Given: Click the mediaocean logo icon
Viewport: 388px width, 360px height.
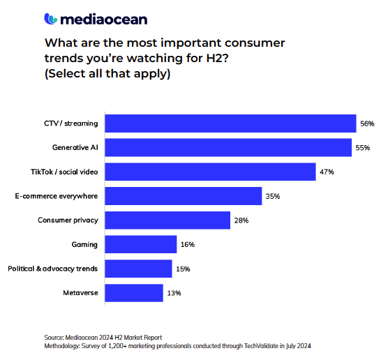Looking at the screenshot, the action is pos(51,19).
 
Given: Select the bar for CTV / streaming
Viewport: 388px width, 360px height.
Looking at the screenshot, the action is pos(230,123).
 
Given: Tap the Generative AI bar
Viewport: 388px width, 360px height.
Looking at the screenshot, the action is pos(228,147).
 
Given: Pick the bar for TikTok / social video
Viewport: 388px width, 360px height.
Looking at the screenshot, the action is pos(210,172).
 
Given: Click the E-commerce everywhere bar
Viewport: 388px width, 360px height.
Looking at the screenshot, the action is pos(184,196).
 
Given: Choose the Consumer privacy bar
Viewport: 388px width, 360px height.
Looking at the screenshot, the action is pos(167,220).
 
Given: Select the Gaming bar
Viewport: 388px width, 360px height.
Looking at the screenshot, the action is pos(141,244).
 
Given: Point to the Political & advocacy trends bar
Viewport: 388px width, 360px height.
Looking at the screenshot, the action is pos(138,269).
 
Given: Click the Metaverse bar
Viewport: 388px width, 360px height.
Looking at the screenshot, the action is pos(134,293).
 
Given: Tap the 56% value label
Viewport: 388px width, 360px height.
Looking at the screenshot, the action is pos(367,123).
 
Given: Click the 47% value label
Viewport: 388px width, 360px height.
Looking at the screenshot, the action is pos(327,172).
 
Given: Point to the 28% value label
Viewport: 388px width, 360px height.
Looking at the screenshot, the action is pos(241,220).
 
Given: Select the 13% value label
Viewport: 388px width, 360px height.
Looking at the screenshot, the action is pos(174,293).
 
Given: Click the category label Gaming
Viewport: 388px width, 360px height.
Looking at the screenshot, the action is pos(84,245).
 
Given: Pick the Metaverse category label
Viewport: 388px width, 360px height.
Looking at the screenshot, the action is pos(80,293).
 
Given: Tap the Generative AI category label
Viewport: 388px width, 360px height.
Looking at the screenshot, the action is pos(75,147).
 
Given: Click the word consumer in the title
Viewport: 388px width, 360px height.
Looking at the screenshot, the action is pos(255,43).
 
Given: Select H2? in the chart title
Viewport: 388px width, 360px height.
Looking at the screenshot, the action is pos(217,58).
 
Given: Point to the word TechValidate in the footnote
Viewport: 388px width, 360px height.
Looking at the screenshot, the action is pos(261,345).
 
